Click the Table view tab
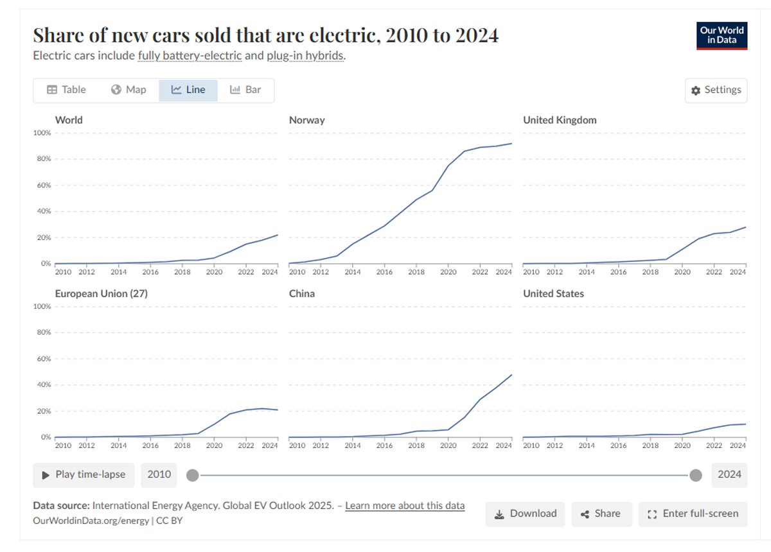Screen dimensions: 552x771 (66, 90)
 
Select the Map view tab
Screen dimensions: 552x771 (128, 90)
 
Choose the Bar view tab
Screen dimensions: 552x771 (245, 90)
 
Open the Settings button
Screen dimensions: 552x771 (716, 90)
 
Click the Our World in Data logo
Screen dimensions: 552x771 (722, 35)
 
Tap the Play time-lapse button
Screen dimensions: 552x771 (84, 474)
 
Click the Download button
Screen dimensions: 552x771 (525, 513)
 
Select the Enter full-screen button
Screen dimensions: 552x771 (693, 513)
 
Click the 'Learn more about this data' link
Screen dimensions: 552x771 (405, 506)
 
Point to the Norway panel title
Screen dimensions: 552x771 (307, 120)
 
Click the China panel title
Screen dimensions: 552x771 (302, 293)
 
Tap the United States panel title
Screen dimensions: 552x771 (553, 293)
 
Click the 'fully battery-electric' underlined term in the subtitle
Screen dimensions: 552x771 (190, 56)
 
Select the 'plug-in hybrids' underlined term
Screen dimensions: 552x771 (305, 56)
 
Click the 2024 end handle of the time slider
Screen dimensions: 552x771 (695, 475)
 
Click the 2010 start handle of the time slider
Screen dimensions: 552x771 (192, 475)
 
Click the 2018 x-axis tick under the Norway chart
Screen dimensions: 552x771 (416, 272)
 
